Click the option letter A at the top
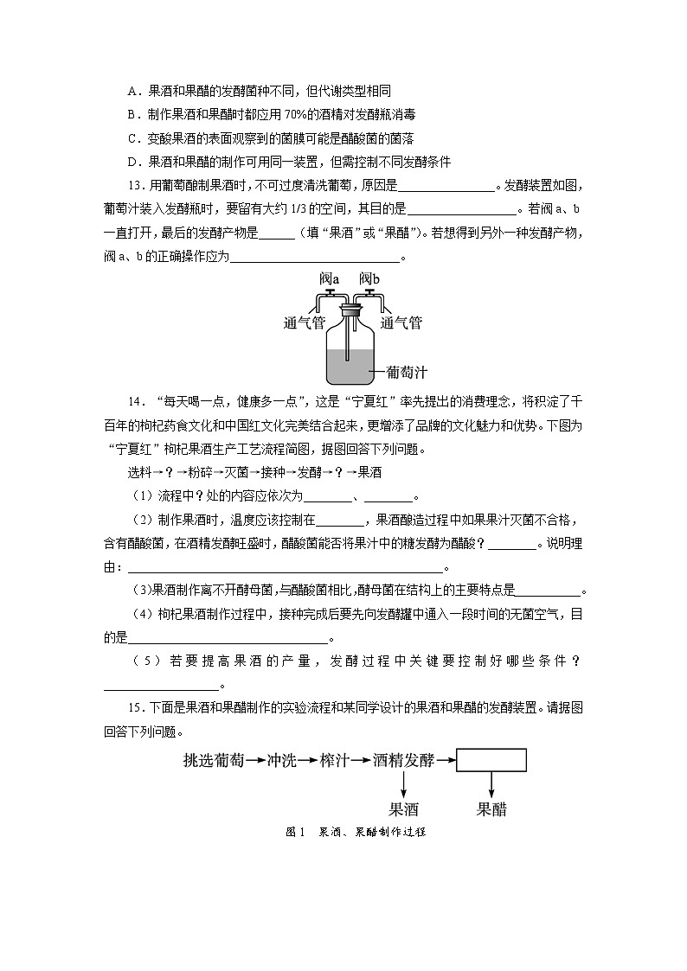click(132, 90)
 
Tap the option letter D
click(132, 162)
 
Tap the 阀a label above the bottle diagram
click(329, 278)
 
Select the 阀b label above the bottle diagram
click(369, 278)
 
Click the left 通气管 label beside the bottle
click(304, 323)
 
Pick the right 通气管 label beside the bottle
click(401, 323)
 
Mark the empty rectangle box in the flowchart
click(491, 760)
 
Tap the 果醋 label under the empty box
click(491, 810)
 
